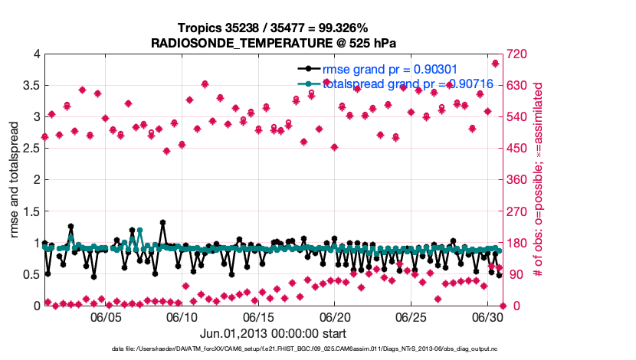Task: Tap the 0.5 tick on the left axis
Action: coord(30,274)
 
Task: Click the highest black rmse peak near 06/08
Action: coord(162,223)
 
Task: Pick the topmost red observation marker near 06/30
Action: coord(495,63)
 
